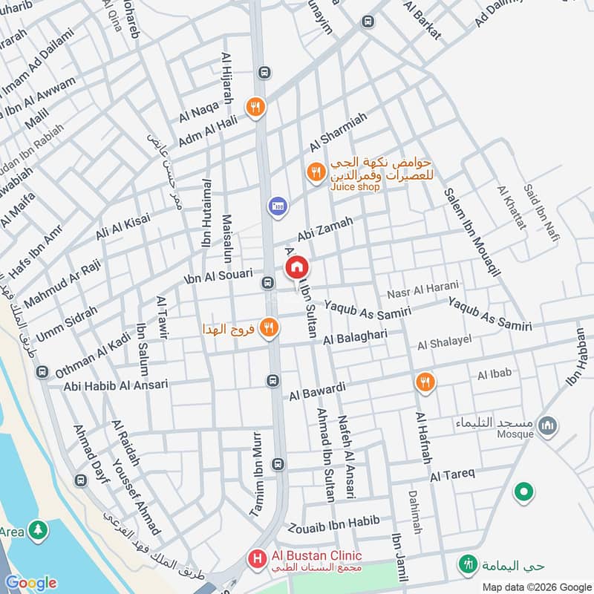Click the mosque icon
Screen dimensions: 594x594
549,426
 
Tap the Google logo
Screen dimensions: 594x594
30,583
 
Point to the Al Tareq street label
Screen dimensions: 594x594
451,474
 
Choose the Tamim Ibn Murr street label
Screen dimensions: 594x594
258,484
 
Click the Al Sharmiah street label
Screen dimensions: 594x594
339,135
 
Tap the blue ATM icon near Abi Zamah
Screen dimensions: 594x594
277,204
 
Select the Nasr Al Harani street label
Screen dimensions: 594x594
423,288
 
